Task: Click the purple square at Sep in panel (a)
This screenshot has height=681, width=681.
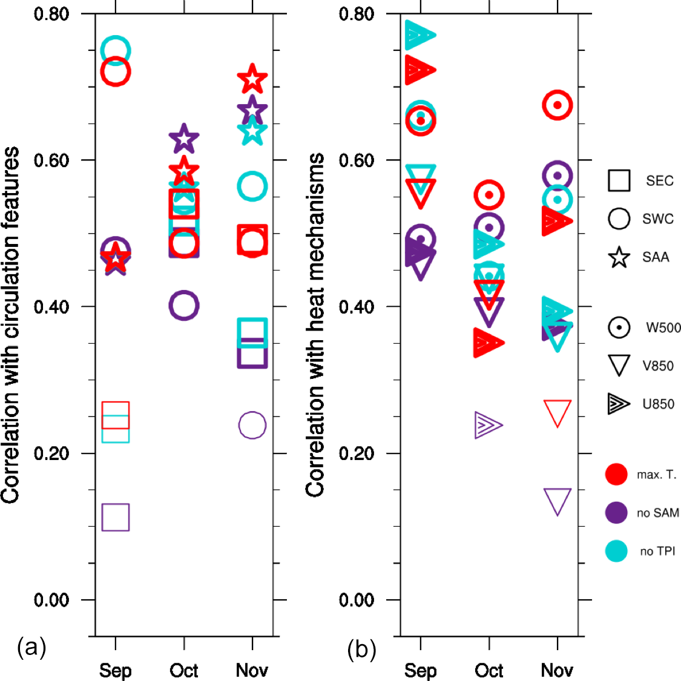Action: (115, 517)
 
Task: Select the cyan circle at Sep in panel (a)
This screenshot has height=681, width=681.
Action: (115, 50)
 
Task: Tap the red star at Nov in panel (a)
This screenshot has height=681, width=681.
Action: (252, 79)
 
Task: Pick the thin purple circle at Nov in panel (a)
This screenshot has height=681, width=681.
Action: (252, 425)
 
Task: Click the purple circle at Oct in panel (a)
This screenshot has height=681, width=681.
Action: (183, 305)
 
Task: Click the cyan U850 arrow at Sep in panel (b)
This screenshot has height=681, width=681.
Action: (420, 35)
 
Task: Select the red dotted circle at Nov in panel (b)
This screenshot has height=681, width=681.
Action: (558, 105)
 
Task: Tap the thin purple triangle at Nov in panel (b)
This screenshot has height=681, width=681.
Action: (558, 501)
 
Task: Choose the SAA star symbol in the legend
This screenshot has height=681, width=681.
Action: (619, 257)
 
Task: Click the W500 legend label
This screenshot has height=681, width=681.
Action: (663, 327)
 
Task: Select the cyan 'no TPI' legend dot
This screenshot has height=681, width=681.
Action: (616, 551)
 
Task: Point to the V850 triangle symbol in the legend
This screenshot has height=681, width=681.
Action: (619, 365)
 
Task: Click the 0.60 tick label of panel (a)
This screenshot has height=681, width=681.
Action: (51, 160)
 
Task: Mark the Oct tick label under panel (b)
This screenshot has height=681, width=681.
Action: (489, 670)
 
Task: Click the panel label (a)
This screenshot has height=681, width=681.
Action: (32, 648)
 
